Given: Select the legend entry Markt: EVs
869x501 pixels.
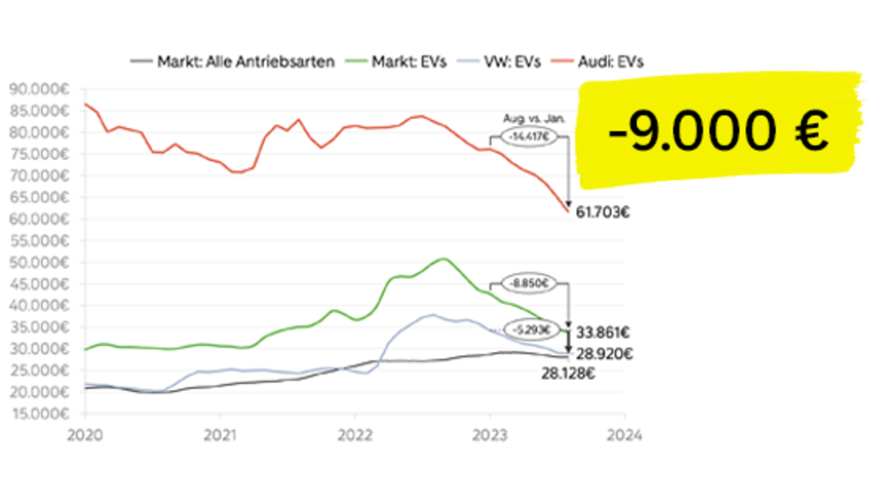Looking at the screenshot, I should point(411,62).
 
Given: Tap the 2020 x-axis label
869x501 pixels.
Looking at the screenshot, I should point(85,434).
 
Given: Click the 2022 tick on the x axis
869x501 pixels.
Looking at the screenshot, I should point(355,434).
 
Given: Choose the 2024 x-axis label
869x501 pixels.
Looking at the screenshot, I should point(625,434).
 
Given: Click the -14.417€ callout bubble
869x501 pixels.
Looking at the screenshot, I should point(525,135).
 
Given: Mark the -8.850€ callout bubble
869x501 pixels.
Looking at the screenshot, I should point(525,282).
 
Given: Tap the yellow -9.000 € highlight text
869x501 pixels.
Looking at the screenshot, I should point(718,131).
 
